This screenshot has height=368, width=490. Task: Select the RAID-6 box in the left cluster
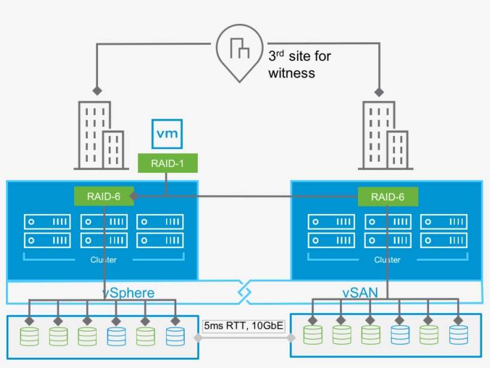(104, 196)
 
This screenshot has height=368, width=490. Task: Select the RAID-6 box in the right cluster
(388, 196)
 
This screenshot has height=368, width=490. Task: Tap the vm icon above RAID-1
(167, 134)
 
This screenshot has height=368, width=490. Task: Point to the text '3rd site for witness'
(299, 65)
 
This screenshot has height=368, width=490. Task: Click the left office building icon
(102, 135)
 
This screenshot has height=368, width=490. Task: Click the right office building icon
(385, 135)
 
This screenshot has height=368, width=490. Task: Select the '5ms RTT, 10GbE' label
(244, 326)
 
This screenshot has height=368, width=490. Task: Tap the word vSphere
(128, 293)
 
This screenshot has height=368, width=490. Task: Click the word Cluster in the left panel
(103, 260)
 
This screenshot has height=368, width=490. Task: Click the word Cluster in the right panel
(387, 260)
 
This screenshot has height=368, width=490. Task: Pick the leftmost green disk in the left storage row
(29, 336)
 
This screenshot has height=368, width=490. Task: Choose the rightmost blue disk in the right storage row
(458, 336)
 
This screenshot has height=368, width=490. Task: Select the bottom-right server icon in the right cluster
(443, 240)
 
